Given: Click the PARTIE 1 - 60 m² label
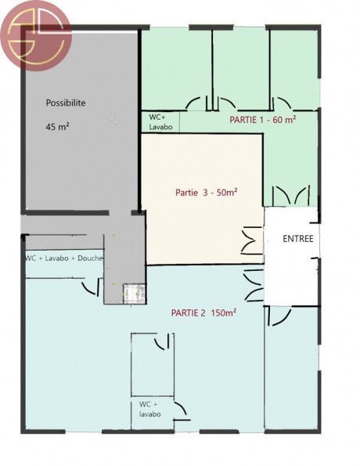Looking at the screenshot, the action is click(x=263, y=120).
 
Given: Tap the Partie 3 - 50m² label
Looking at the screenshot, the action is click(x=206, y=193).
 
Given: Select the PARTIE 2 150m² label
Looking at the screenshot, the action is click(x=203, y=312).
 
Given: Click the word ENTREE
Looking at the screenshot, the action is click(x=298, y=239).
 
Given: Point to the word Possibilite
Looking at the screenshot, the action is click(x=66, y=103).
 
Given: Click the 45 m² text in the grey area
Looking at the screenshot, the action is click(x=58, y=127).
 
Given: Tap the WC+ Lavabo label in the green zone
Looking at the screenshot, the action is click(x=160, y=122).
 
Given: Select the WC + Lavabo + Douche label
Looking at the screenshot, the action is click(x=64, y=258).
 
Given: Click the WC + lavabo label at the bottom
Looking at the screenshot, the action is click(x=150, y=410).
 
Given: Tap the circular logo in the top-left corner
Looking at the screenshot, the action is click(x=36, y=36).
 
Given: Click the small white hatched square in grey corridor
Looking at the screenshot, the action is click(x=134, y=294).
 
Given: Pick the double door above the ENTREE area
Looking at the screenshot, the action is click(x=291, y=196).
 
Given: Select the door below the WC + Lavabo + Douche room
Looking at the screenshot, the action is click(x=92, y=287).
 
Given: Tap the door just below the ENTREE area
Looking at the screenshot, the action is click(x=279, y=316).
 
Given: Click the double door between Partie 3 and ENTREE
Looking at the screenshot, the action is click(x=252, y=240).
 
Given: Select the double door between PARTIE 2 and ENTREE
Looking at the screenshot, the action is click(x=254, y=285).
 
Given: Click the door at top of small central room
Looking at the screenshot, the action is click(x=164, y=341).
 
